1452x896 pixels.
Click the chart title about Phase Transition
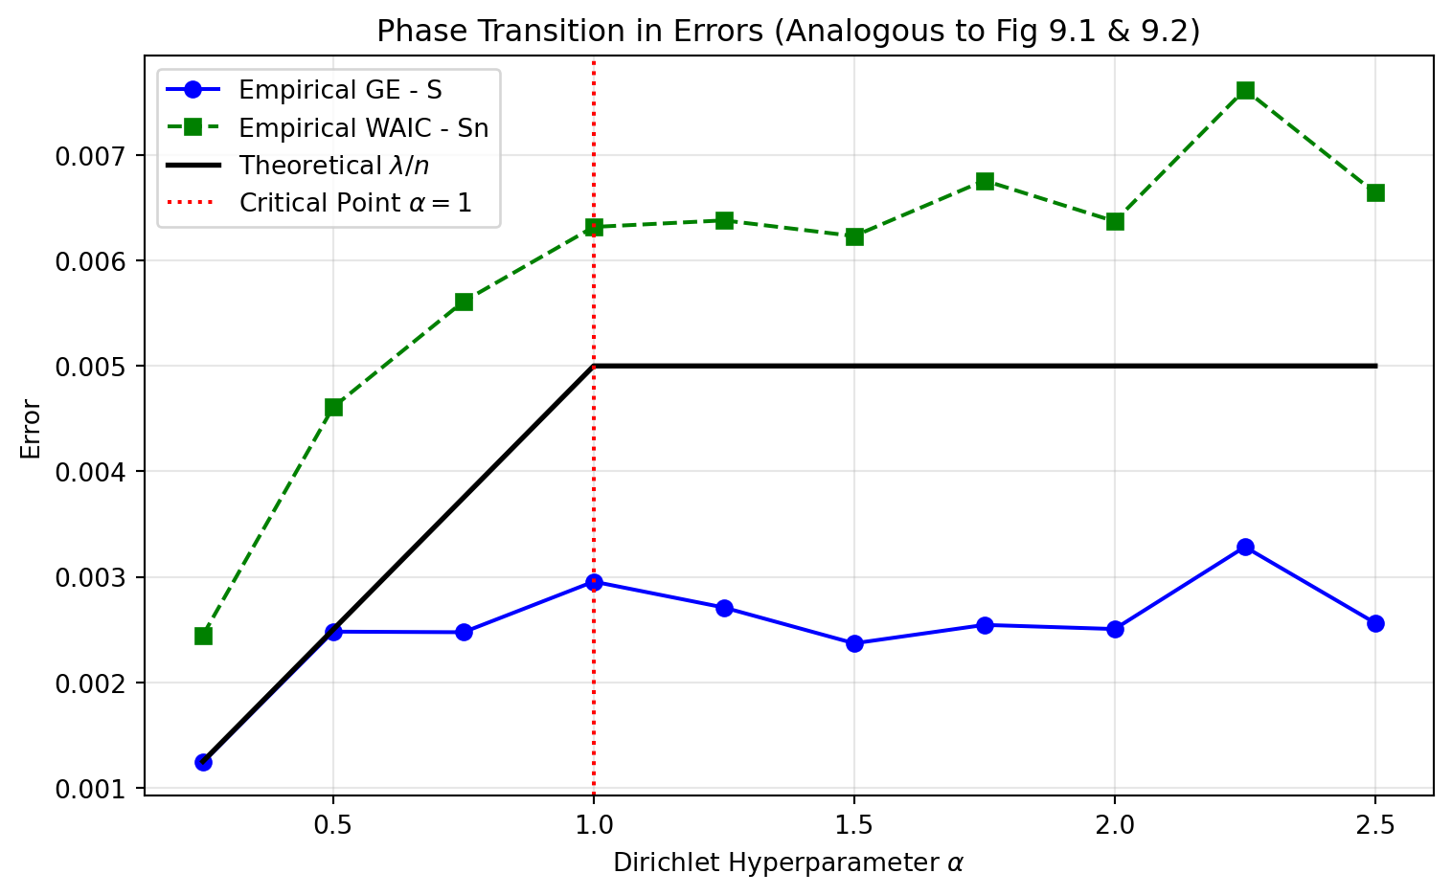787,32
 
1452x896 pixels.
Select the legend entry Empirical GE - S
340,90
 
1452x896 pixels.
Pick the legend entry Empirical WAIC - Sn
363,127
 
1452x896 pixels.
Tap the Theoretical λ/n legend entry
333,166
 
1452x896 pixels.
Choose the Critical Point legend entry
355,203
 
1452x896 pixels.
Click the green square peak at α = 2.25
1245,91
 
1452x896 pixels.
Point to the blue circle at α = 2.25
1245,548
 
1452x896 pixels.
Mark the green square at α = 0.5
333,408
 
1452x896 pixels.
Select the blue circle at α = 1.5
854,643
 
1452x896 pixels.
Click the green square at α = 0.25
203,636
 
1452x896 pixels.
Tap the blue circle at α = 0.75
464,632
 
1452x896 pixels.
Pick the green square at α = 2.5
1375,192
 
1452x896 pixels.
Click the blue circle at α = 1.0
594,582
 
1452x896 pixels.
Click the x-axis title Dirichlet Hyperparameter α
787,862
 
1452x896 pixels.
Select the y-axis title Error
32,429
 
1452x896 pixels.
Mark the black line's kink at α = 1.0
594,366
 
